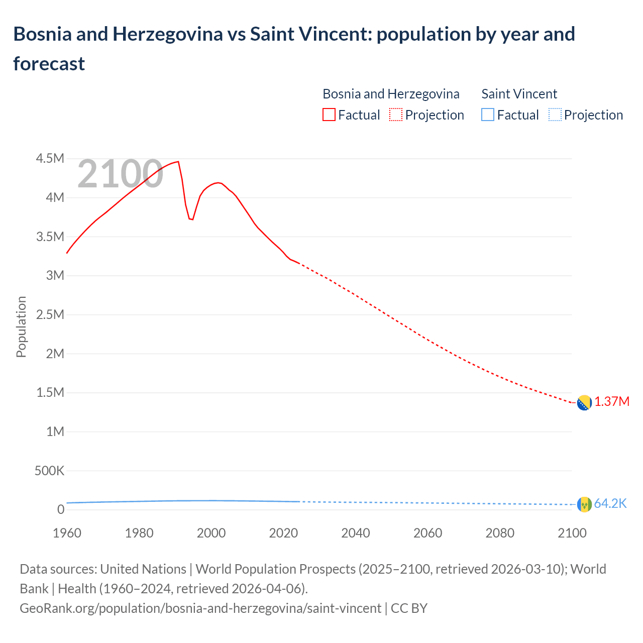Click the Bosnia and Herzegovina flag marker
click(x=584, y=403)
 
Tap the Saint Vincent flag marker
click(x=584, y=504)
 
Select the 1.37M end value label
click(x=612, y=402)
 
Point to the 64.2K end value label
click(x=610, y=504)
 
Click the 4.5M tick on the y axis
click(x=50, y=159)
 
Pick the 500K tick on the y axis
click(x=49, y=471)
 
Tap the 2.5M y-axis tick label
click(x=50, y=315)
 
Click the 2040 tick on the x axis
click(x=356, y=533)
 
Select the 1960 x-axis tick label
click(x=67, y=533)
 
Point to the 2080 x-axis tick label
click(x=500, y=533)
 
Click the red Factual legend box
click(x=329, y=115)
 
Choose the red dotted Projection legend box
click(x=396, y=115)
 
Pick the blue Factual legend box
click(x=487, y=115)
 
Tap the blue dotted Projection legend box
click(x=555, y=115)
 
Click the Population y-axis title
click(x=21, y=327)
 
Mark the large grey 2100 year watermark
click(x=120, y=174)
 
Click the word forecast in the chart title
click(x=49, y=64)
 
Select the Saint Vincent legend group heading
click(x=519, y=94)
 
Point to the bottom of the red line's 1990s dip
click(x=191, y=220)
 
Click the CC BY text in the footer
click(x=409, y=608)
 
